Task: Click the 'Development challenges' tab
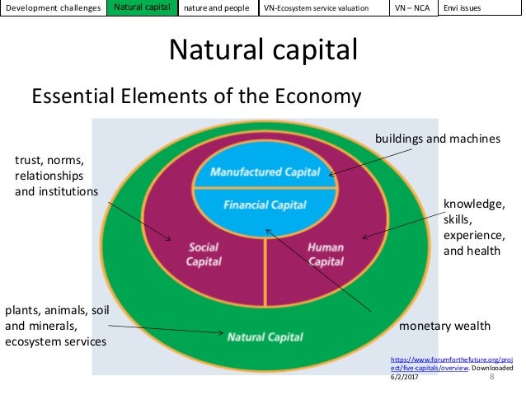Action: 53,9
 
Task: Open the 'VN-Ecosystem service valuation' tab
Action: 323,9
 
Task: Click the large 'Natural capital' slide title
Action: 263,50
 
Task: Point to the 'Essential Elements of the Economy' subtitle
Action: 196,96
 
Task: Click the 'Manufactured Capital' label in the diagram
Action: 265,172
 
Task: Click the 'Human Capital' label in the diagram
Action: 325,254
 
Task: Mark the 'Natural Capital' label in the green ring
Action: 265,336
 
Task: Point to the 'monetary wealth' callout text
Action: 444,326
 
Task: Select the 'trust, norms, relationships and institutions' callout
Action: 56,176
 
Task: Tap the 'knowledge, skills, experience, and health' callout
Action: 472,227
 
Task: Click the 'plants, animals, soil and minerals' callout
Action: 57,326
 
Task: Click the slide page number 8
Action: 491,377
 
